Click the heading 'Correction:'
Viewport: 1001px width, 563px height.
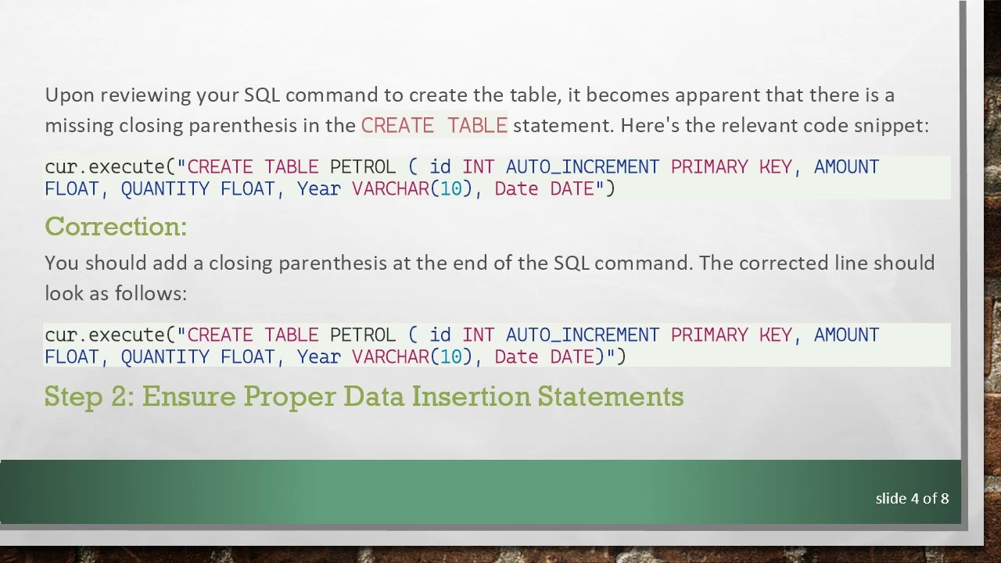[x=116, y=227]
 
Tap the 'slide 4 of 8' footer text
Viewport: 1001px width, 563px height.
[x=912, y=499]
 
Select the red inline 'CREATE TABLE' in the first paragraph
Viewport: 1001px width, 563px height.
[x=434, y=126]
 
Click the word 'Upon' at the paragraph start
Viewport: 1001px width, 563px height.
[x=69, y=95]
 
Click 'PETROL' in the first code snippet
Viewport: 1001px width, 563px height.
[x=363, y=167]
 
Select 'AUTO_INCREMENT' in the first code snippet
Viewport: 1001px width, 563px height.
[x=582, y=167]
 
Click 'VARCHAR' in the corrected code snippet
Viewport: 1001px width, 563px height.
[x=390, y=357]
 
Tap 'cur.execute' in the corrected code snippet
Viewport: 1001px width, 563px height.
[x=104, y=335]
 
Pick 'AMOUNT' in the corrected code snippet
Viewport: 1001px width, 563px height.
[x=846, y=335]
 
